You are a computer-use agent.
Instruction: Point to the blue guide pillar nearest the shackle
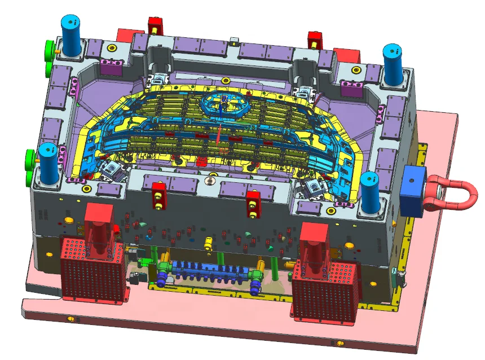coord(371,194)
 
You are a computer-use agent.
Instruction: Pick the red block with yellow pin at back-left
coord(155,25)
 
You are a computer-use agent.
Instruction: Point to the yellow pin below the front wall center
coord(208,242)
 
